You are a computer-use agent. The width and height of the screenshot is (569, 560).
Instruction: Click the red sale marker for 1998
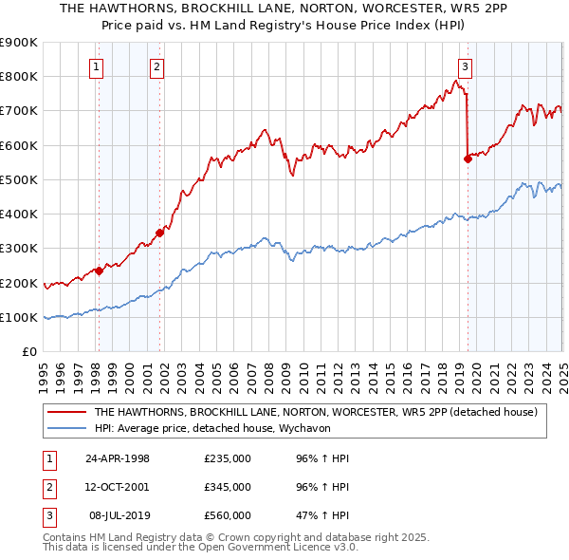click(x=99, y=271)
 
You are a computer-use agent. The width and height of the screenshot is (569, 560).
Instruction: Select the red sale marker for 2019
click(x=468, y=159)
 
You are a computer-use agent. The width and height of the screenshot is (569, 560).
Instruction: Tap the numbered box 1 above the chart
click(x=98, y=66)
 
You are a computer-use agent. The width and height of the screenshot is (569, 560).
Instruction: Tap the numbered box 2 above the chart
click(x=156, y=66)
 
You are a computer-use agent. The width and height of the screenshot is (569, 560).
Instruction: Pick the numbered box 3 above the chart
click(x=466, y=66)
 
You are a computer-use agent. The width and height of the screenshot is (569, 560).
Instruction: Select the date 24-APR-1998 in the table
click(x=118, y=458)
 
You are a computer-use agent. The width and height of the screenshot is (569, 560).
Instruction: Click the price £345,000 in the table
click(x=228, y=487)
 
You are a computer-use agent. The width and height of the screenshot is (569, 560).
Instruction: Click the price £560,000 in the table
click(x=228, y=515)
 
